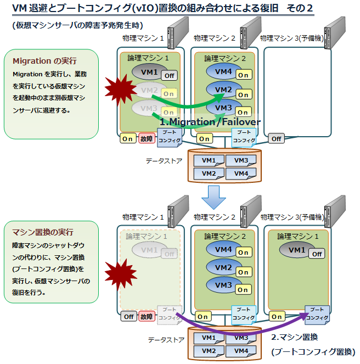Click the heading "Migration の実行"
tap(44, 60)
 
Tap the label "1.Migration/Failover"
tap(210, 122)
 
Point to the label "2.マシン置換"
tap(295, 337)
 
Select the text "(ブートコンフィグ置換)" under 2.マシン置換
tap(313, 351)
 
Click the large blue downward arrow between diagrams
tap(211, 197)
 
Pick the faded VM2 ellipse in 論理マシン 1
tap(149, 90)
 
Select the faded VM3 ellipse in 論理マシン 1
tap(149, 108)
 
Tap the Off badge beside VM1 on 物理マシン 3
tap(316, 254)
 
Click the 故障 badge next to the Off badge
tap(147, 316)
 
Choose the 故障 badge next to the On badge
tap(147, 138)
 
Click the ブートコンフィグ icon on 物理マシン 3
tap(317, 314)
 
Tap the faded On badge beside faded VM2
tap(169, 94)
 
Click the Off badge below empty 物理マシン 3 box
tap(276, 138)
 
